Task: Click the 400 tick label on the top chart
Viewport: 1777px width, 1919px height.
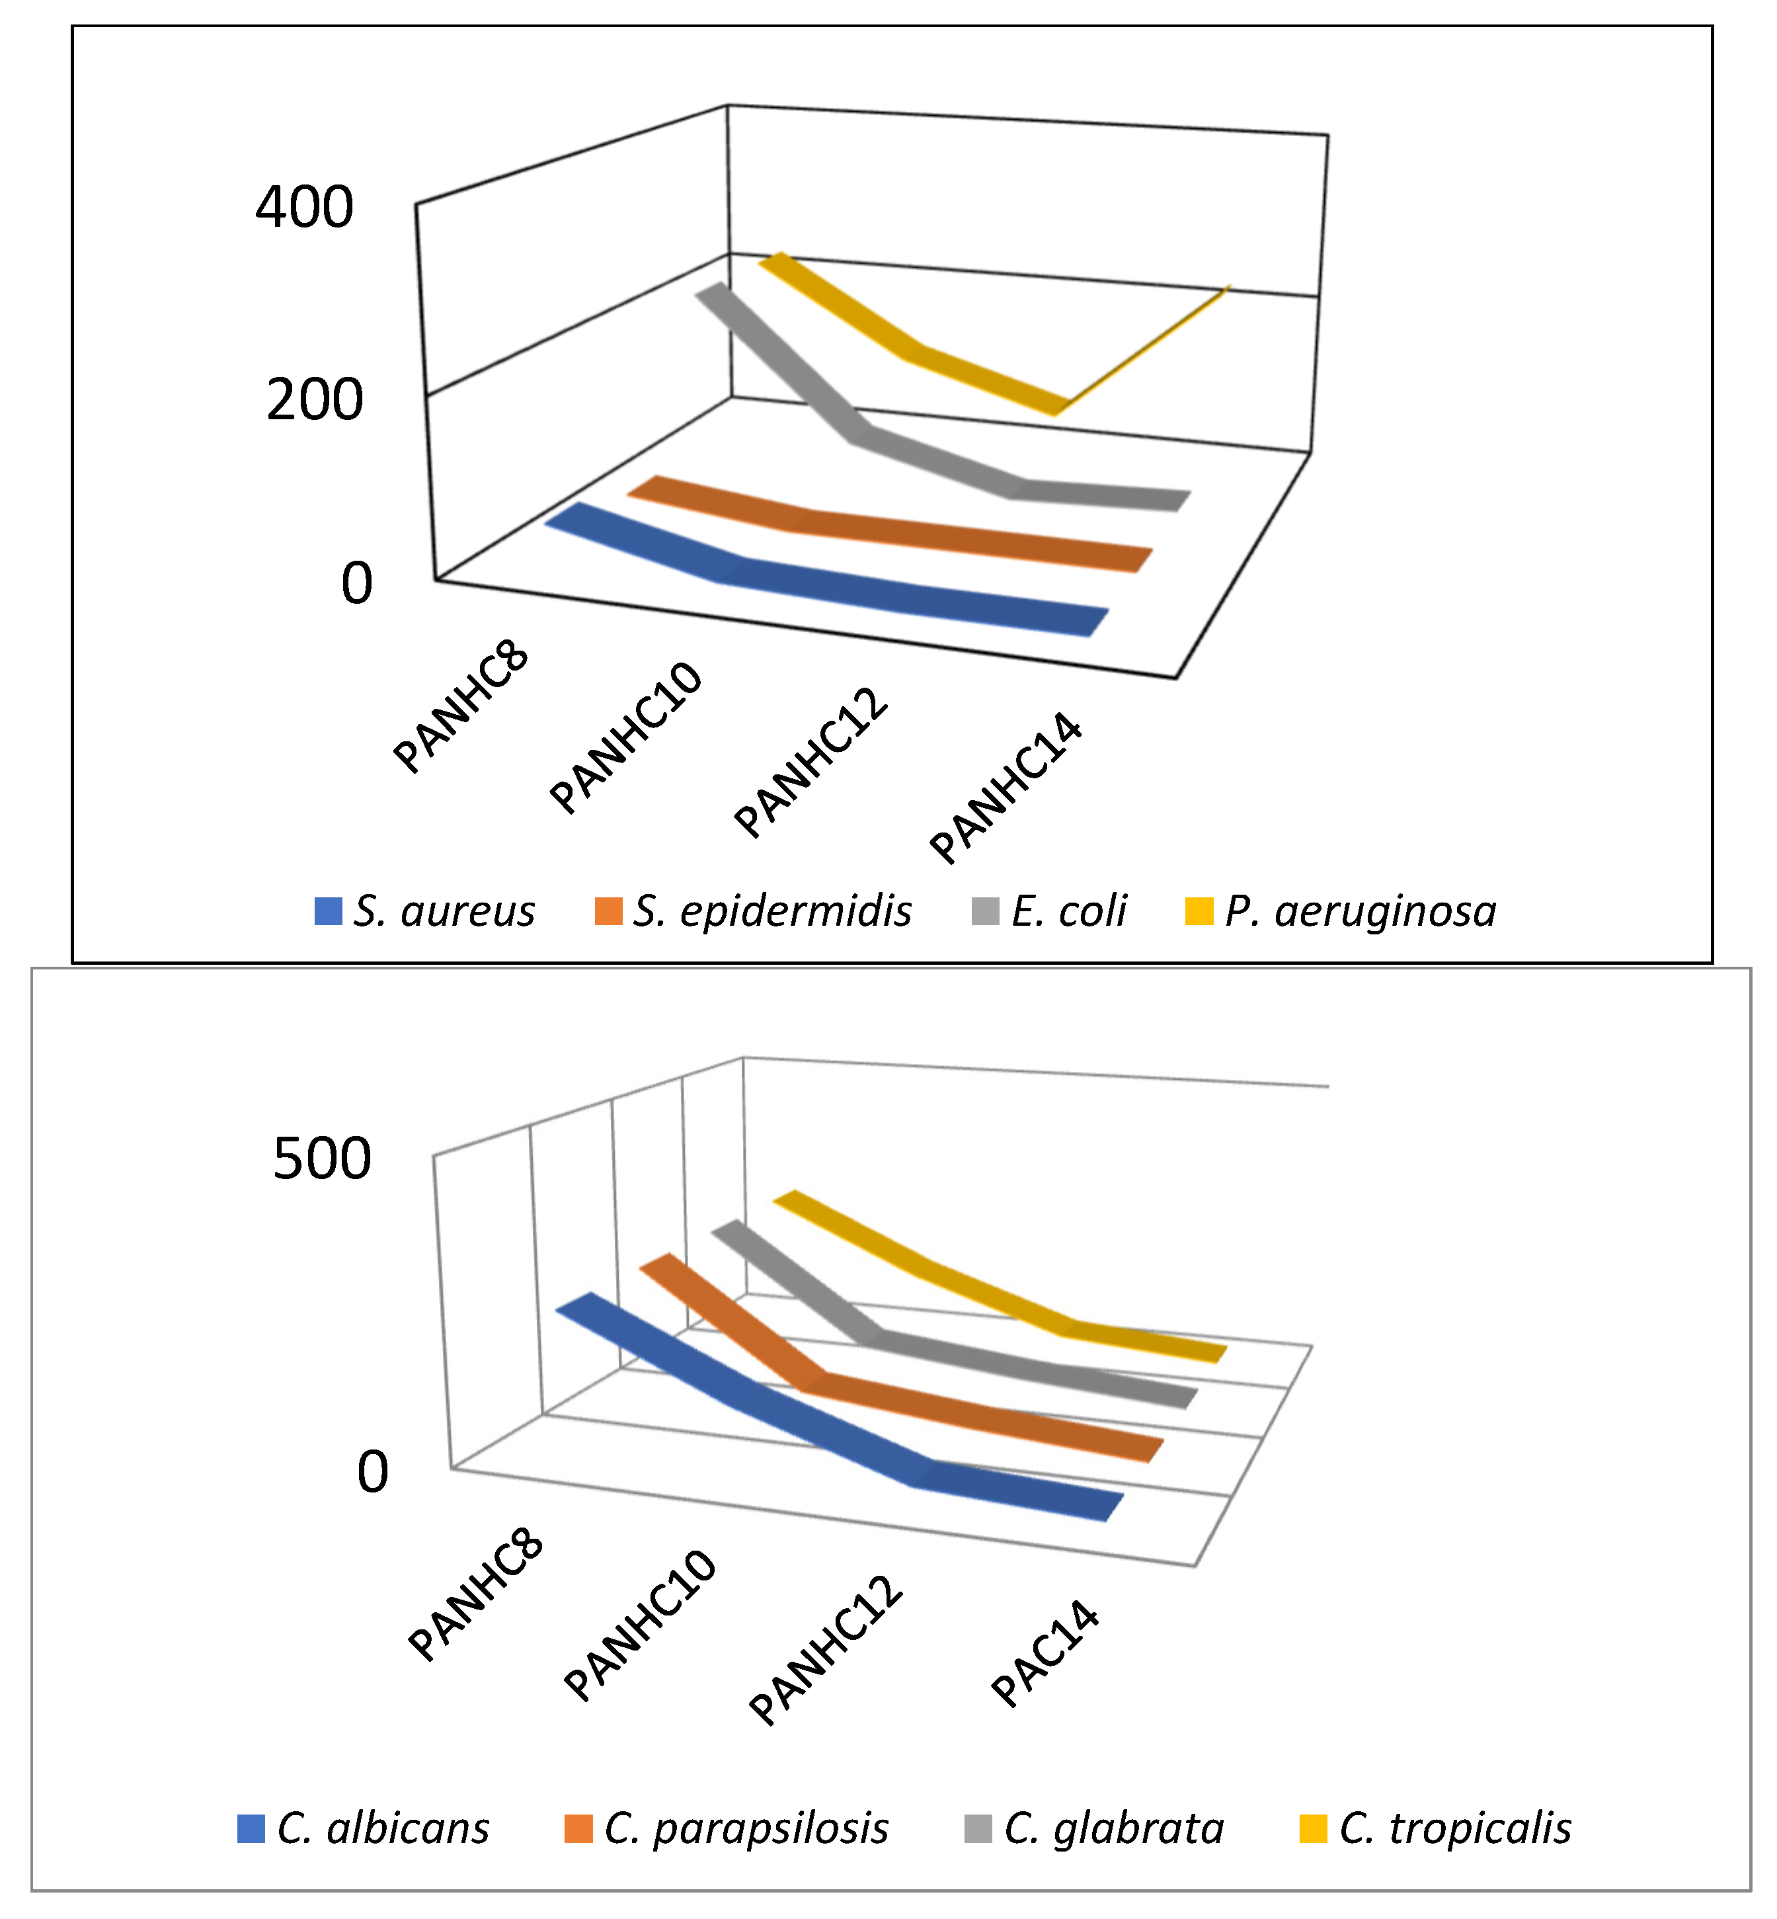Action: pos(304,207)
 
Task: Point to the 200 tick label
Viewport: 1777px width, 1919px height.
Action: pos(315,399)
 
